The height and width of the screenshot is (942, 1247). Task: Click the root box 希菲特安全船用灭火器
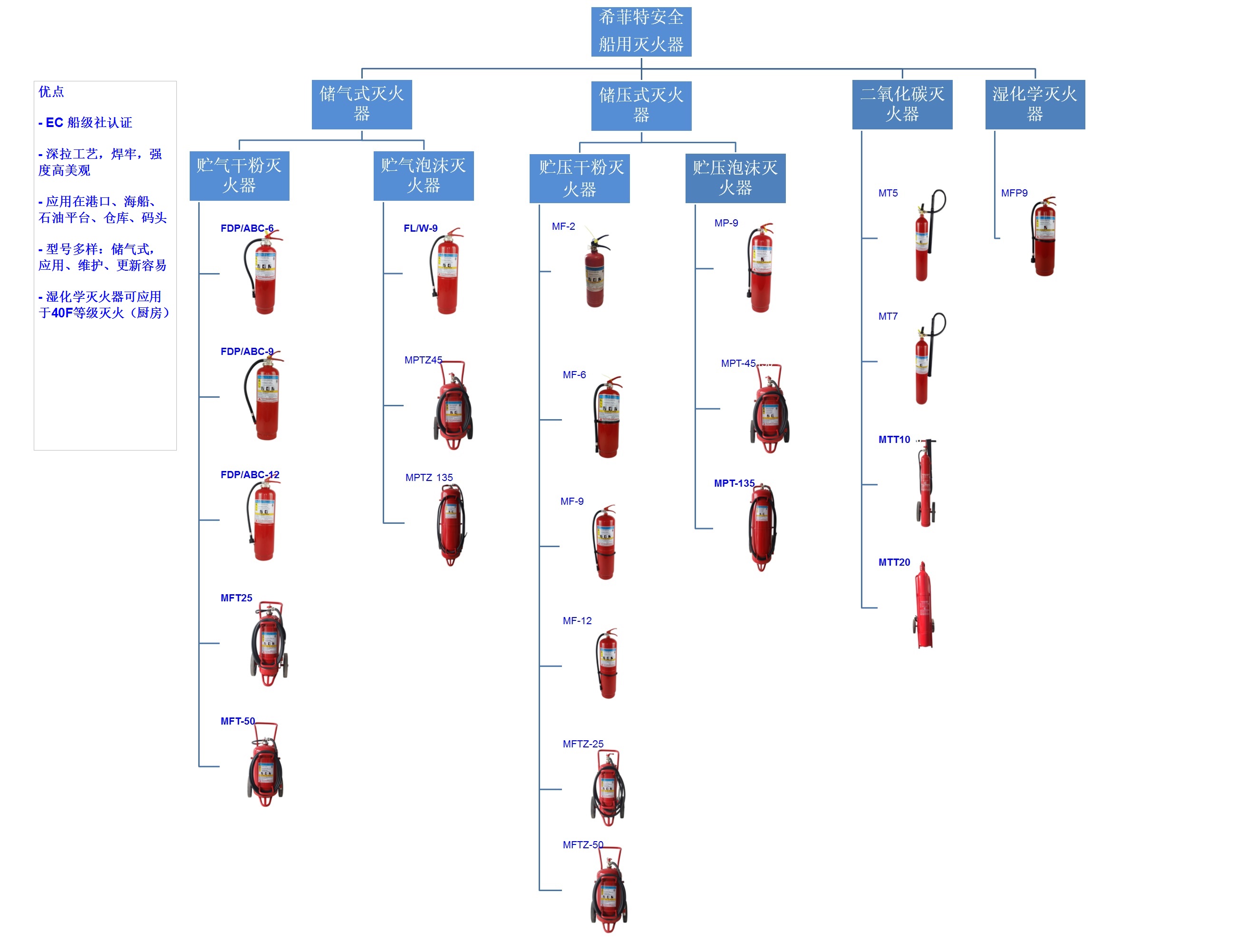(641, 31)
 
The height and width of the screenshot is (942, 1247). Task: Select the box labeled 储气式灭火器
(361, 104)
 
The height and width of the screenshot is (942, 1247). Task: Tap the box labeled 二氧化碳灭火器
(901, 104)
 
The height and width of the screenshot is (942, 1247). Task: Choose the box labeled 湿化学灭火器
(1034, 104)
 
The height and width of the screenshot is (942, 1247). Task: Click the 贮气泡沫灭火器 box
(424, 176)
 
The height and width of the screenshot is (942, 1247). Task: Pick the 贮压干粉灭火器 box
(580, 178)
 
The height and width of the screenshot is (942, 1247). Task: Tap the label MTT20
(894, 562)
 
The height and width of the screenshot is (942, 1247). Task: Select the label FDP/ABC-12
(250, 475)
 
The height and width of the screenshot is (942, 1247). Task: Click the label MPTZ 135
(428, 478)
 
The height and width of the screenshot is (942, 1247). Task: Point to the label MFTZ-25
(582, 744)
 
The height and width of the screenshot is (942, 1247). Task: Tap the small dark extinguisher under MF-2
(595, 274)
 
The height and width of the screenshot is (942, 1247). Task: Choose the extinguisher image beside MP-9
(761, 269)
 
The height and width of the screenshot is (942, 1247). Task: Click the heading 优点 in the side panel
(51, 92)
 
